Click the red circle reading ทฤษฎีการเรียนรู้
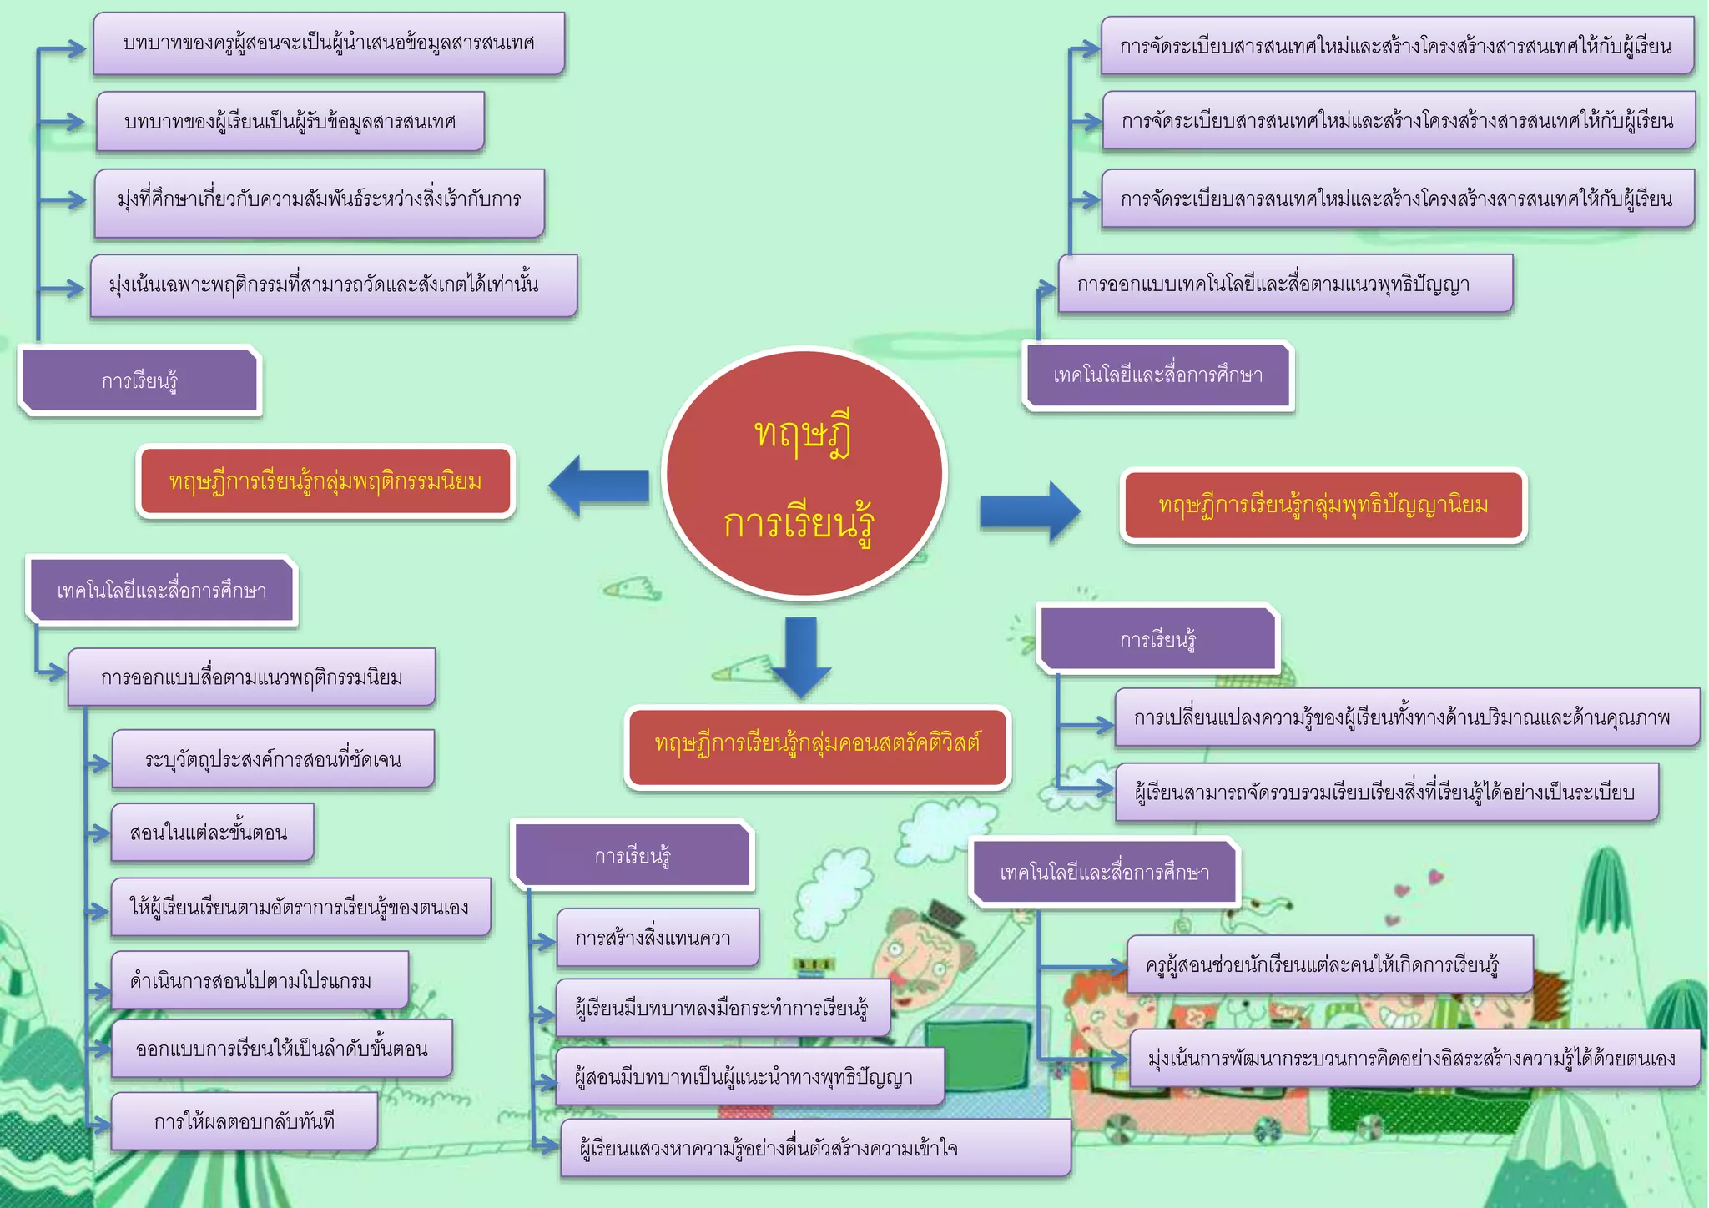coord(804,473)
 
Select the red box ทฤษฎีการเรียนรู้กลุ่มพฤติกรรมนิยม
coord(325,481)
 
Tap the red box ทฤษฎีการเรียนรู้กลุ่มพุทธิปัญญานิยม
coord(1323,505)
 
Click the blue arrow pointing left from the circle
coord(599,486)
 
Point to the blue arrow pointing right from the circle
coord(1030,511)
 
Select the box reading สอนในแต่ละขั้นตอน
coord(213,832)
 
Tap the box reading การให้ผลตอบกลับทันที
coord(245,1120)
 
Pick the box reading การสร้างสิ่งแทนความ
coord(658,938)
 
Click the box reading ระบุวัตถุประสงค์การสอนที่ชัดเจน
coord(273,758)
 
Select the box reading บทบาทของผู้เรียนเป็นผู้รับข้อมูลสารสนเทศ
coord(290,122)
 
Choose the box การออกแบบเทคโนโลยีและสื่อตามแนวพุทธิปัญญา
coord(1285,284)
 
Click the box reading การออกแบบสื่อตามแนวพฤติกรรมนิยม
coord(251,677)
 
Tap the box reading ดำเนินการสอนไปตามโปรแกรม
coord(260,979)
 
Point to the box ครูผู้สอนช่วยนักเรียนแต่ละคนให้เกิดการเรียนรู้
coord(1329,964)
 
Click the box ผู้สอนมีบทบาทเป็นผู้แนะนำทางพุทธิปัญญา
coord(749,1076)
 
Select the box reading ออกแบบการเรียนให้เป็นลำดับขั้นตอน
coord(282,1049)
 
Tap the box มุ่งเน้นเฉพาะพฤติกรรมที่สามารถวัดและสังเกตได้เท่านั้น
coord(334,285)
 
